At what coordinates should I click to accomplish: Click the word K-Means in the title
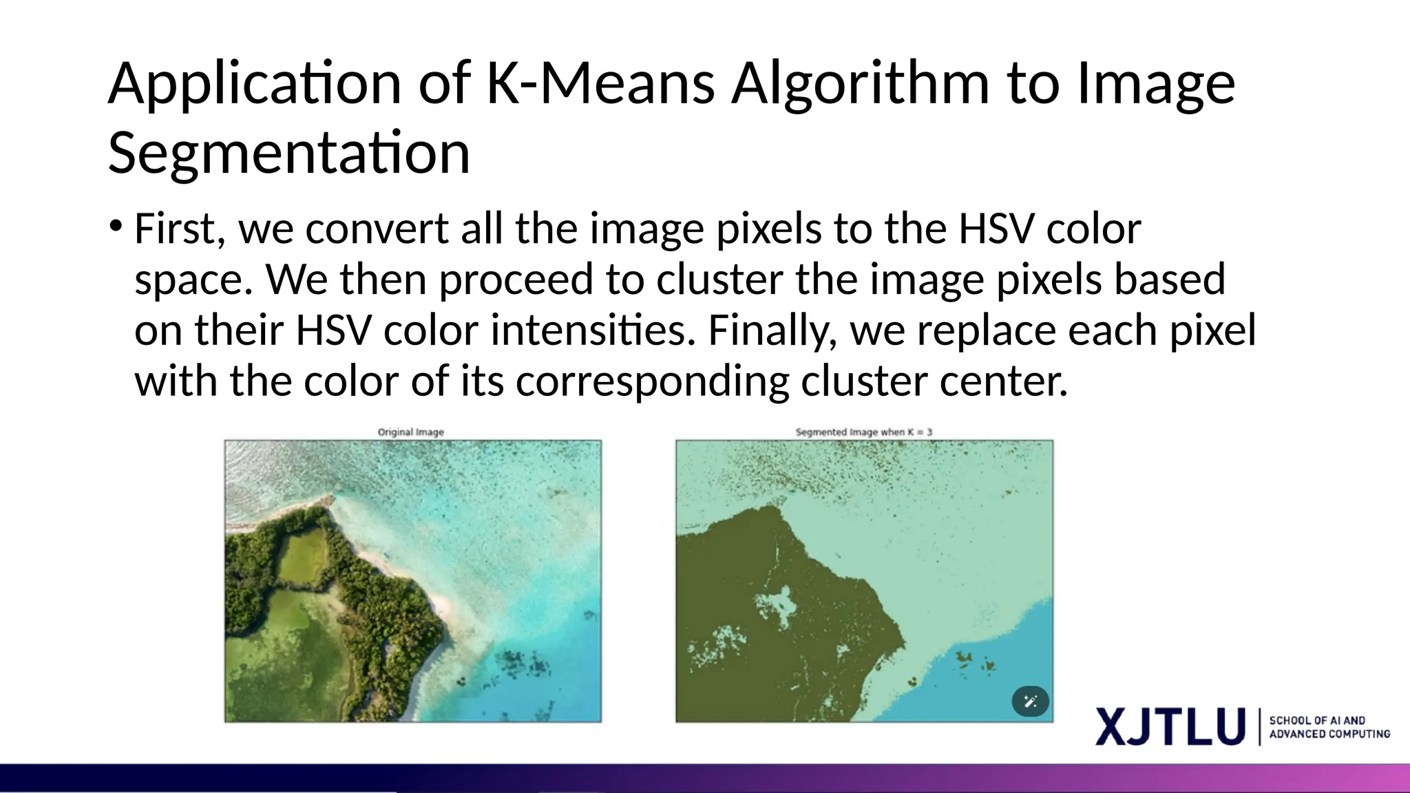pos(600,83)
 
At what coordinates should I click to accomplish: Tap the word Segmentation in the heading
pos(289,153)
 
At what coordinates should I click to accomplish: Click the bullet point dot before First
pos(116,226)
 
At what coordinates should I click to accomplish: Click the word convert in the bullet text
pos(377,229)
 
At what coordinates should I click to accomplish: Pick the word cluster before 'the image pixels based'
pos(719,279)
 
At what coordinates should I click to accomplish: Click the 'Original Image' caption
pos(411,432)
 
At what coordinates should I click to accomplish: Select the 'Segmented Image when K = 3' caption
pos(863,432)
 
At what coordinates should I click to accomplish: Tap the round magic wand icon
pos(1030,701)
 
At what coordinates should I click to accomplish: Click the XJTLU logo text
pos(1170,726)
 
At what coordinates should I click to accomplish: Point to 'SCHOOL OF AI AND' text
pos(1317,720)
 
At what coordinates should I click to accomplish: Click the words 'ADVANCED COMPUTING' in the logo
pos(1329,734)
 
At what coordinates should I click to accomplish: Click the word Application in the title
pos(255,83)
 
